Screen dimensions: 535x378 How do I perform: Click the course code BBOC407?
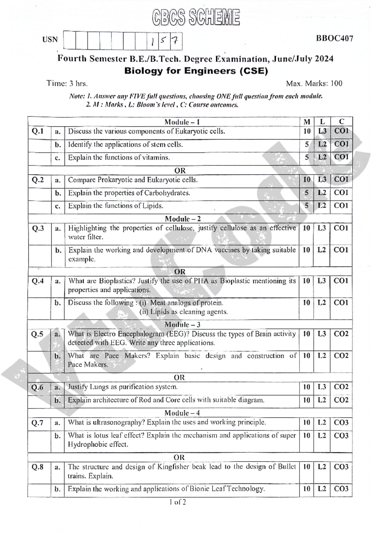(x=335, y=38)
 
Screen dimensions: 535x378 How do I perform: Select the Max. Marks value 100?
(x=336, y=83)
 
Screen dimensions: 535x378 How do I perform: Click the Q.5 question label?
(x=37, y=334)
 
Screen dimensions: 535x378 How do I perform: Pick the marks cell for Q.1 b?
(x=306, y=145)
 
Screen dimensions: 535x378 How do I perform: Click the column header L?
(x=322, y=122)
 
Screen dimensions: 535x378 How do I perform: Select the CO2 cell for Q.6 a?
(x=341, y=387)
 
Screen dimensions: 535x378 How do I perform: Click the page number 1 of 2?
(x=178, y=502)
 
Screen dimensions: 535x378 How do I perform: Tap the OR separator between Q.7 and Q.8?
(x=179, y=457)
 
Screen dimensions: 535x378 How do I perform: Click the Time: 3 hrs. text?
(x=67, y=83)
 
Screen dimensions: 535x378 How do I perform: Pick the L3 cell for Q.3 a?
(x=322, y=228)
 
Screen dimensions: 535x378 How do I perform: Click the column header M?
(x=306, y=122)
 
